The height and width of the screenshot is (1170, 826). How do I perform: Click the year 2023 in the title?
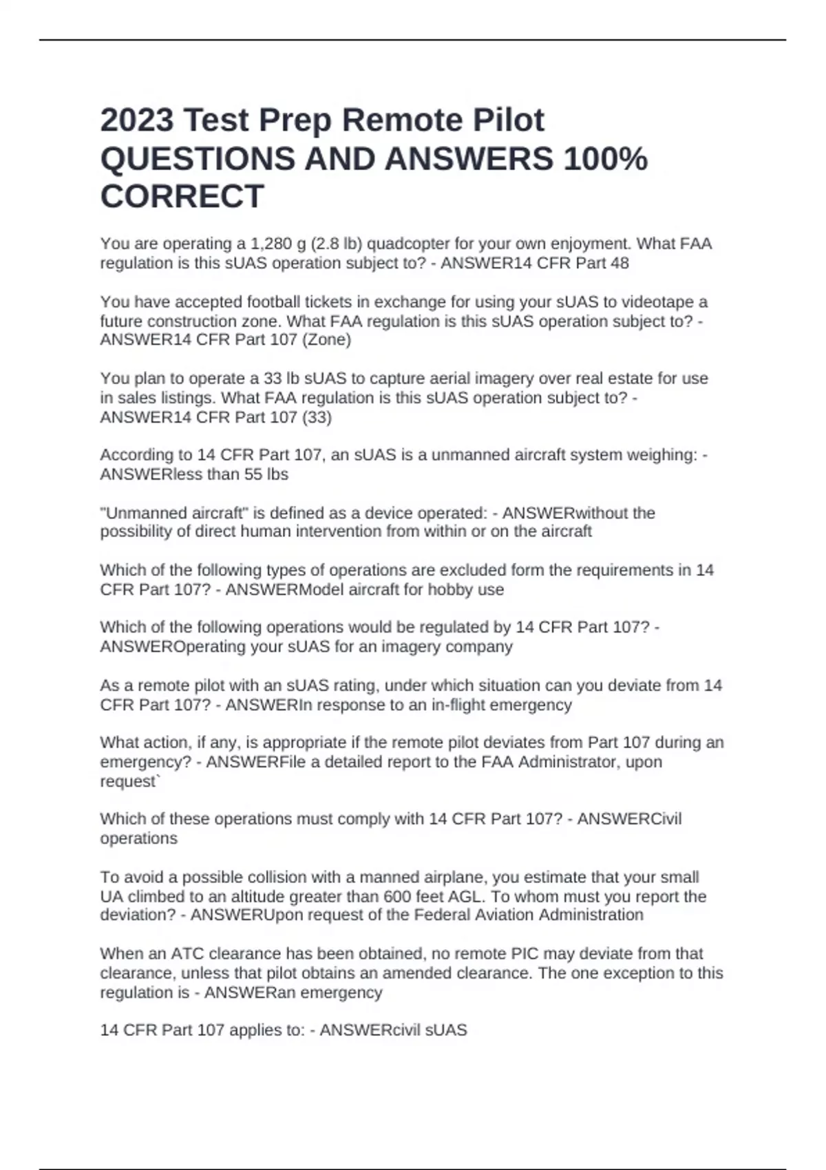tap(136, 120)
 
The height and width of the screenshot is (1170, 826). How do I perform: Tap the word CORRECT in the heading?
tap(182, 197)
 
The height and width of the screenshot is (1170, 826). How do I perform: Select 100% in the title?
tap(605, 159)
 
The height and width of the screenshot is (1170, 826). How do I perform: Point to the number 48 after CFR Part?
tap(619, 263)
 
